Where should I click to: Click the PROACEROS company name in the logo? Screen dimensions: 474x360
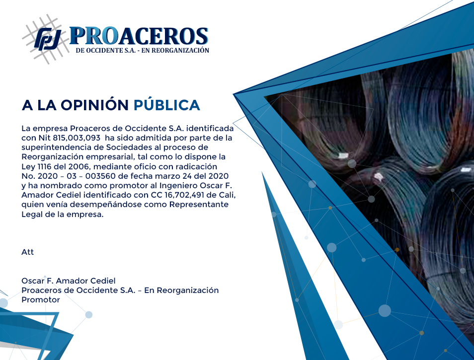coord(139,36)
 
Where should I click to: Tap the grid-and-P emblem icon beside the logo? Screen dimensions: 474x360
coord(46,39)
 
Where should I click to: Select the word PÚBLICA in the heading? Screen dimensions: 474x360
coord(167,105)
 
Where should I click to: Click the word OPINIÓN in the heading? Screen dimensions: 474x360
coord(94,105)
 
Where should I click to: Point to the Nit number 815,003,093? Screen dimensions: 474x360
coord(77,138)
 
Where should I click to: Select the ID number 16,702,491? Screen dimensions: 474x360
coord(184,195)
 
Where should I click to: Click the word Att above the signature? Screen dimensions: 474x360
coord(27,252)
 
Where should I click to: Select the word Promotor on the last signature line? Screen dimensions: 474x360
coord(41,299)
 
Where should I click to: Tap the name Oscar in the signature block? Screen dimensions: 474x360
coord(33,281)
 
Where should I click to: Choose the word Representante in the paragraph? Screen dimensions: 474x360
coord(199,205)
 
